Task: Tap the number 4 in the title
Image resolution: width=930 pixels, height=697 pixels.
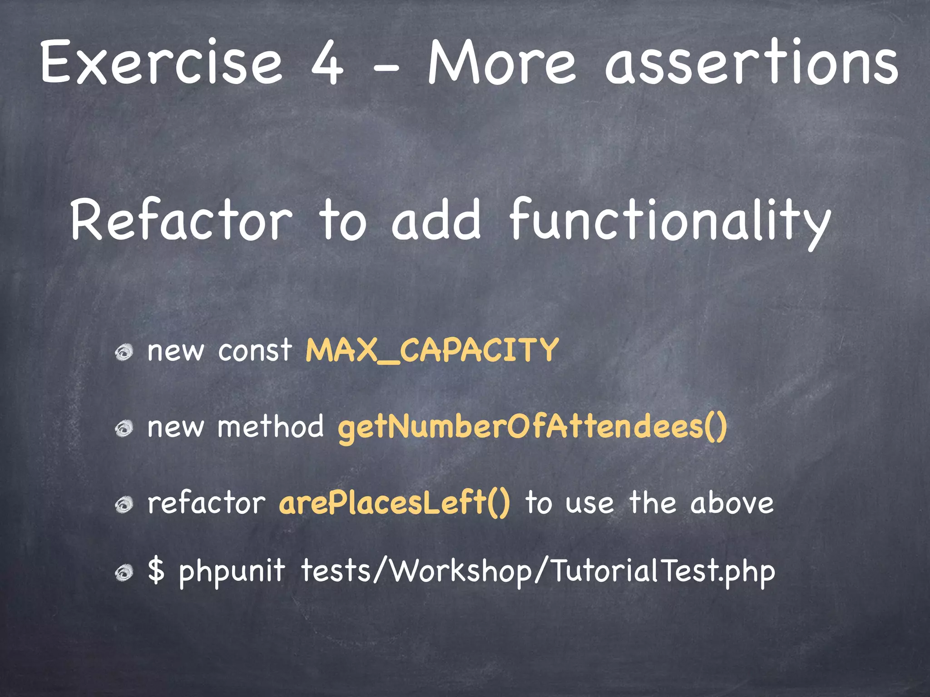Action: pyautogui.click(x=327, y=64)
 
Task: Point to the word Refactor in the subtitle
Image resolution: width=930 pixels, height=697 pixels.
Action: pyautogui.click(x=181, y=221)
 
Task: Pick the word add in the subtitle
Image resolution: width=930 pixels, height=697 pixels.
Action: pyautogui.click(x=436, y=221)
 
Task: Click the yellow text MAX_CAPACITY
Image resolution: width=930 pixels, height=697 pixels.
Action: pyautogui.click(x=432, y=350)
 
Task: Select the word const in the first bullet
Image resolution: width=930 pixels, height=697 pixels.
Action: pyautogui.click(x=255, y=350)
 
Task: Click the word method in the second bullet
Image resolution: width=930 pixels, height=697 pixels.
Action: pyautogui.click(x=271, y=427)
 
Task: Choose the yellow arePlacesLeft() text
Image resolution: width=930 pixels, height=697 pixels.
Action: pyautogui.click(x=394, y=504)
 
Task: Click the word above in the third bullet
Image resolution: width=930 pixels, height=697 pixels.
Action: pyautogui.click(x=732, y=504)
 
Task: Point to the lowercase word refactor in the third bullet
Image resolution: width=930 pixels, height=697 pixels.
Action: pyautogui.click(x=207, y=504)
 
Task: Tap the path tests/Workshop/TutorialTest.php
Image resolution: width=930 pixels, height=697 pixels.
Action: pyautogui.click(x=538, y=572)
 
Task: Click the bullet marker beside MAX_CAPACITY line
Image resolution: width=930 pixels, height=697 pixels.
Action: pyautogui.click(x=124, y=352)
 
